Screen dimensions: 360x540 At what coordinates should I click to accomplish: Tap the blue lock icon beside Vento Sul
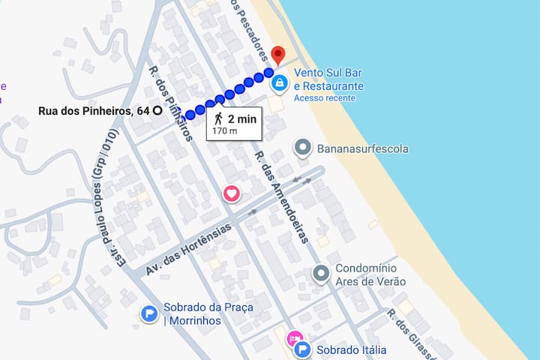[279, 82]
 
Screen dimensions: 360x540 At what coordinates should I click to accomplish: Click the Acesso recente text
[323, 97]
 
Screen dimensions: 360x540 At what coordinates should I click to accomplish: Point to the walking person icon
[218, 118]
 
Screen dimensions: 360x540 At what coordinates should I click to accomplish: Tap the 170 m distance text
[224, 130]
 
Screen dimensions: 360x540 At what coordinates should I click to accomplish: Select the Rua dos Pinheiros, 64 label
[93, 110]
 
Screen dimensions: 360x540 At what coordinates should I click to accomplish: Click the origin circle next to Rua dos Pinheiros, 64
[157, 110]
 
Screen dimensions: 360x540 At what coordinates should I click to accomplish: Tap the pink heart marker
[232, 193]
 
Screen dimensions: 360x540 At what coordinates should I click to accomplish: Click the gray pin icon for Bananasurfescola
[303, 148]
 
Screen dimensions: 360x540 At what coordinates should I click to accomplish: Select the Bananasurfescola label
[363, 148]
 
